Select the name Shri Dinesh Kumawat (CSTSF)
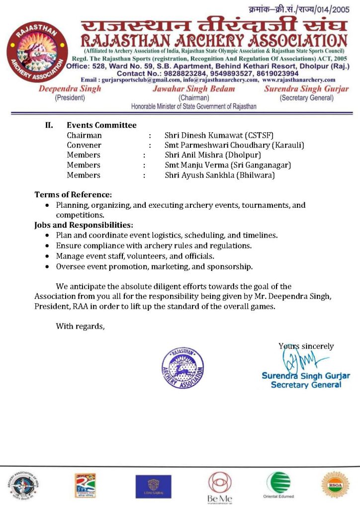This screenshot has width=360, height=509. click(x=219, y=135)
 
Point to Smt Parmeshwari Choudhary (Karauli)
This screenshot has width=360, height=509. click(x=234, y=145)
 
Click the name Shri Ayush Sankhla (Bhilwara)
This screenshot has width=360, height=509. click(x=219, y=175)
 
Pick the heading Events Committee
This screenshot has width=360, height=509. click(x=101, y=125)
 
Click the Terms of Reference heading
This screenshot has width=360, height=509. click(x=73, y=194)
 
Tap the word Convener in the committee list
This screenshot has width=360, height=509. click(x=84, y=145)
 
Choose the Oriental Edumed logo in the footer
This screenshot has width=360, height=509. click(x=278, y=485)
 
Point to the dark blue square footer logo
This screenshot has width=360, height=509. click(x=153, y=486)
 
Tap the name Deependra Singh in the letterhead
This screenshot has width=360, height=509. click(x=70, y=88)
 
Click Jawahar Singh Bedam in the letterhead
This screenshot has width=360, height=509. click(x=194, y=88)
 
